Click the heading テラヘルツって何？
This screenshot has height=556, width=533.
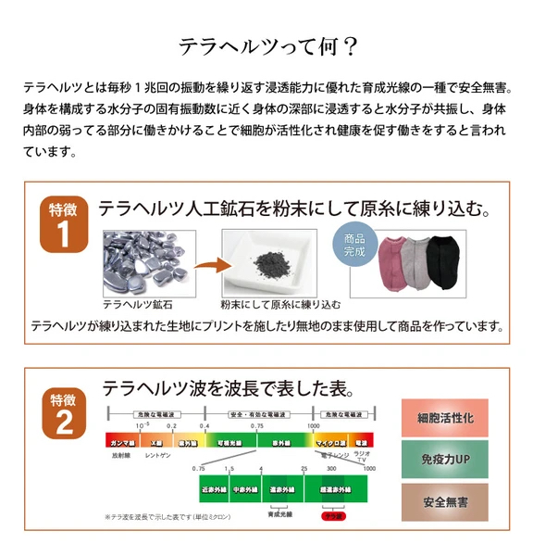(266, 45)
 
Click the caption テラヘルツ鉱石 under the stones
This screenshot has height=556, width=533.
(137, 303)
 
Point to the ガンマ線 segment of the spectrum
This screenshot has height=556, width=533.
(122, 442)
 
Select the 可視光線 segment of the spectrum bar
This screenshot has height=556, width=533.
(229, 442)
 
